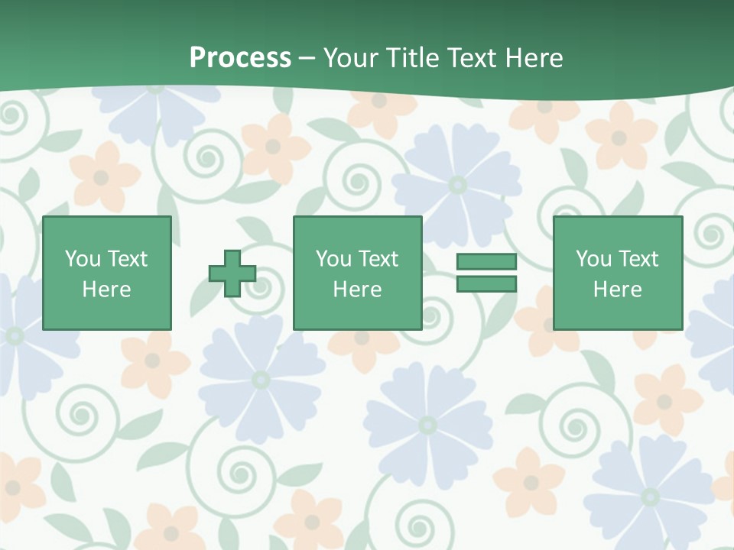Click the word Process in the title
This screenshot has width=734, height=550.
240,58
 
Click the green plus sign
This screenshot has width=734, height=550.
232,273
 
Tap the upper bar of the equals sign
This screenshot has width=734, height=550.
486,262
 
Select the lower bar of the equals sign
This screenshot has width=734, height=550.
486,284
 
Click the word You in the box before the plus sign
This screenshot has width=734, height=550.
83,259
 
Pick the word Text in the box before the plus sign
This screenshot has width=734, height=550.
127,259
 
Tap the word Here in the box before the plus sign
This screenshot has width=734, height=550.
106,290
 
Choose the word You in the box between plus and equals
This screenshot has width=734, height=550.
334,259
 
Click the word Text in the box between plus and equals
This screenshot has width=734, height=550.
378,259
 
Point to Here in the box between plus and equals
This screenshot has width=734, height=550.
357,290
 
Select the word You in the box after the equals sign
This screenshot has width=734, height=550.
594,259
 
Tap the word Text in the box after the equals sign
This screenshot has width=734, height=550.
638,259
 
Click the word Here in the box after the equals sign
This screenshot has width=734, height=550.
617,290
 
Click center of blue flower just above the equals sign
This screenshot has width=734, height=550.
457,184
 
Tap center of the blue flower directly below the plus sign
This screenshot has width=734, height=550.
260,379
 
